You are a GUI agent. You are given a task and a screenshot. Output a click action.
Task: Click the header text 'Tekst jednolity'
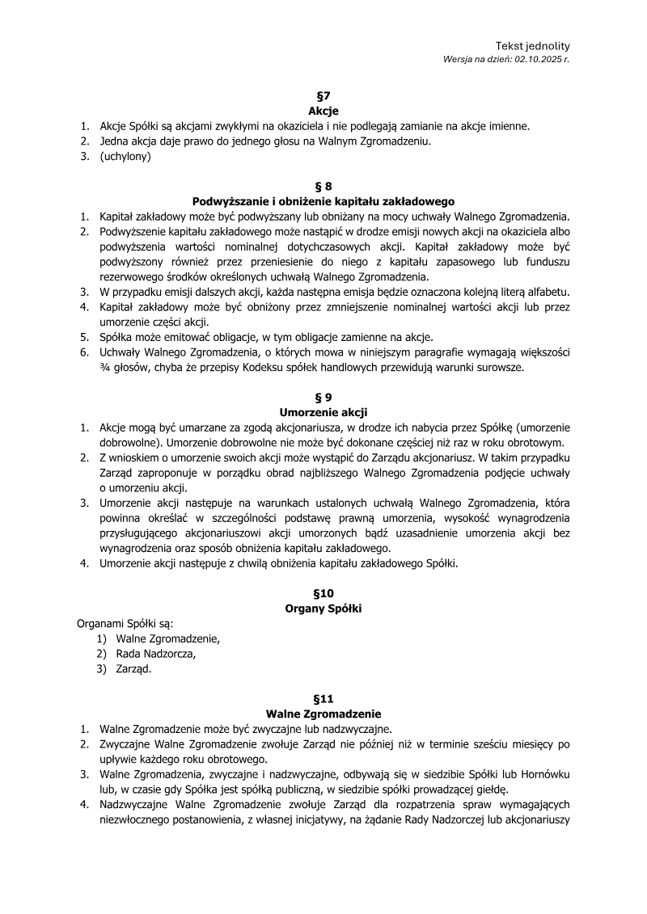click(x=532, y=46)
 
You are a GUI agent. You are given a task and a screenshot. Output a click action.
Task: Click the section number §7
click(x=323, y=96)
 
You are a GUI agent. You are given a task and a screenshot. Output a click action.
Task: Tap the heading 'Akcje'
click(x=323, y=111)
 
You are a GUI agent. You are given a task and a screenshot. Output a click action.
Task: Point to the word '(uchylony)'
click(x=125, y=157)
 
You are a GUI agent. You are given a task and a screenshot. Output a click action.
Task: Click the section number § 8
click(x=323, y=186)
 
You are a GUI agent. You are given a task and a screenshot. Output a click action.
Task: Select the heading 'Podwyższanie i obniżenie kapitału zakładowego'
click(x=323, y=201)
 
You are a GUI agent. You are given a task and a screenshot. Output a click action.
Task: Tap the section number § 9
click(x=323, y=397)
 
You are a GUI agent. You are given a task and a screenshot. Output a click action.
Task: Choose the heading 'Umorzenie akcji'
click(x=323, y=412)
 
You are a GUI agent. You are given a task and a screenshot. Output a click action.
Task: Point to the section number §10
click(x=323, y=593)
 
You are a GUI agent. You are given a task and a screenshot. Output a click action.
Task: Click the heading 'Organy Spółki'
click(x=323, y=609)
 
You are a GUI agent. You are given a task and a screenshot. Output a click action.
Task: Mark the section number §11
click(x=323, y=698)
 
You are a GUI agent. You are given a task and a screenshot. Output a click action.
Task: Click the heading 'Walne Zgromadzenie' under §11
click(x=323, y=714)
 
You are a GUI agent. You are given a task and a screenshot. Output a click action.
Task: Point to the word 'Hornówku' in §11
click(x=543, y=774)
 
